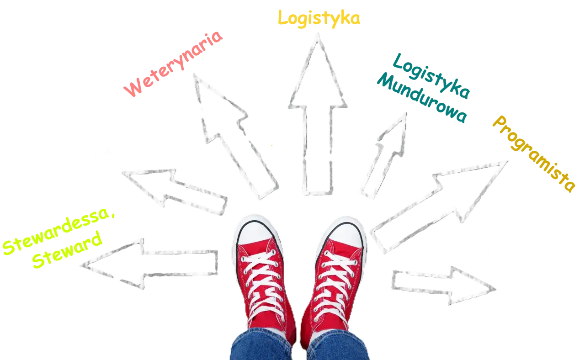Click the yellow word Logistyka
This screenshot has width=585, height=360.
tap(319, 18)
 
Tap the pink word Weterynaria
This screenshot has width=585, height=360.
tap(173, 64)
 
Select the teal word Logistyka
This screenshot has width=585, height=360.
tap(431, 76)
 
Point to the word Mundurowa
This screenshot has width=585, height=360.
tap(422, 98)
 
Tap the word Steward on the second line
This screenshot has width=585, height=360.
tap(67, 250)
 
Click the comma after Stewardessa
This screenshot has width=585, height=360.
tap(113, 215)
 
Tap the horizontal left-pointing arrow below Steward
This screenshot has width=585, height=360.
tap(149, 264)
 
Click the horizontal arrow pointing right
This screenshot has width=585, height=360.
tap(443, 286)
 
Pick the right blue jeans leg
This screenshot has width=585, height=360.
tap(338, 346)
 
